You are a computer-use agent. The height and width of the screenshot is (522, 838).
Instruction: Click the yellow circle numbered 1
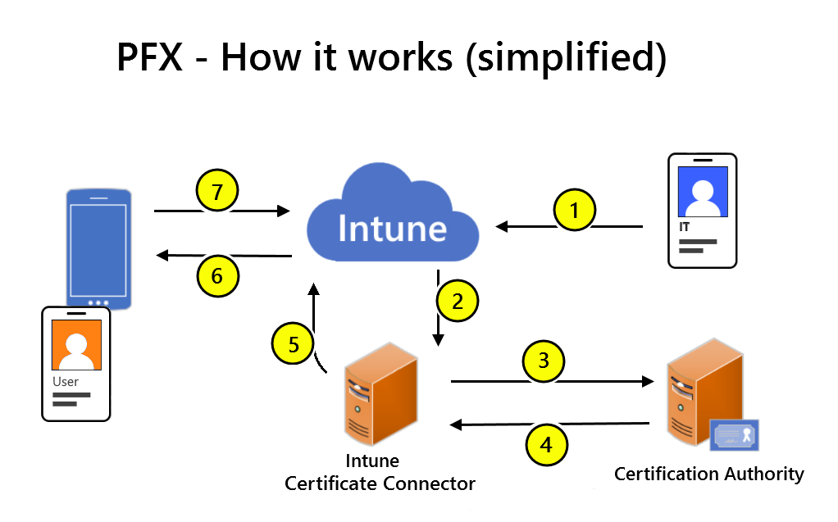pyautogui.click(x=575, y=211)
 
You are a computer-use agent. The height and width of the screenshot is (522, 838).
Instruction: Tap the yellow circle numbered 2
pyautogui.click(x=458, y=301)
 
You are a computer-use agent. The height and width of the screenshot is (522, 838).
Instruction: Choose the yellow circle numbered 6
pyautogui.click(x=217, y=276)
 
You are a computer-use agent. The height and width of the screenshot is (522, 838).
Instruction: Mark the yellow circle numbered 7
pyautogui.click(x=216, y=193)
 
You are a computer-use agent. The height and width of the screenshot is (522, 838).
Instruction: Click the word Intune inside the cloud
pyautogui.click(x=392, y=228)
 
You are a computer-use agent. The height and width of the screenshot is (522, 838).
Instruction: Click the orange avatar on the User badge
pyautogui.click(x=76, y=345)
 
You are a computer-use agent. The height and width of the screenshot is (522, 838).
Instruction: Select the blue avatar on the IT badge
pyautogui.click(x=703, y=192)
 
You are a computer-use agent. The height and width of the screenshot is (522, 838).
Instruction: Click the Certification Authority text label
pyautogui.click(x=708, y=474)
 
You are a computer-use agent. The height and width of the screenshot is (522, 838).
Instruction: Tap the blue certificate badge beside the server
pyautogui.click(x=735, y=435)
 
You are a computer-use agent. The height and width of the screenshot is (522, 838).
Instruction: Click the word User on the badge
pyautogui.click(x=66, y=382)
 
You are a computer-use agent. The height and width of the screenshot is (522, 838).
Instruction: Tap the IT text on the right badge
pyautogui.click(x=684, y=226)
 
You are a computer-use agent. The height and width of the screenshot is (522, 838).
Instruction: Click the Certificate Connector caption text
pyautogui.click(x=380, y=483)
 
